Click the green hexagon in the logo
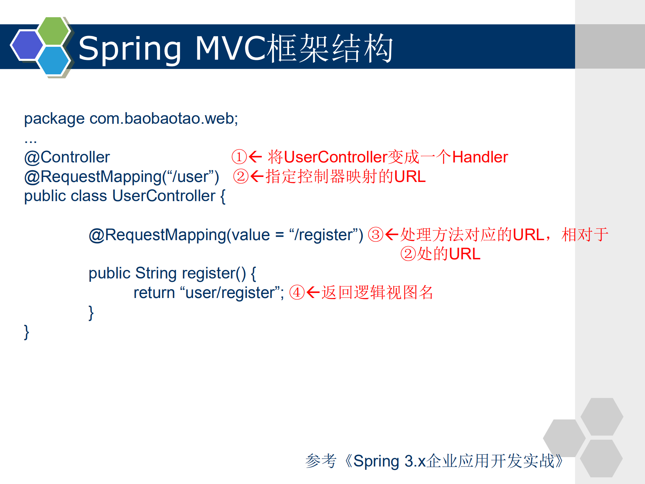[53, 31]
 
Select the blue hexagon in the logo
[53, 61]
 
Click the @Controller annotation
[67, 157]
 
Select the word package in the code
[54, 119]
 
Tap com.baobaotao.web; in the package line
[164, 118]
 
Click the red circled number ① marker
[239, 157]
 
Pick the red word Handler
[480, 157]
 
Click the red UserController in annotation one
[335, 157]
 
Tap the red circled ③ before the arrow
[375, 235]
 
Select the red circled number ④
[297, 292]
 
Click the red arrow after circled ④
[313, 292]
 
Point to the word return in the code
[154, 293]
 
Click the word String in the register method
[156, 273]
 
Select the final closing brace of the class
[27, 332]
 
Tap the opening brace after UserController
[223, 196]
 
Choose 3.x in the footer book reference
[415, 461]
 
